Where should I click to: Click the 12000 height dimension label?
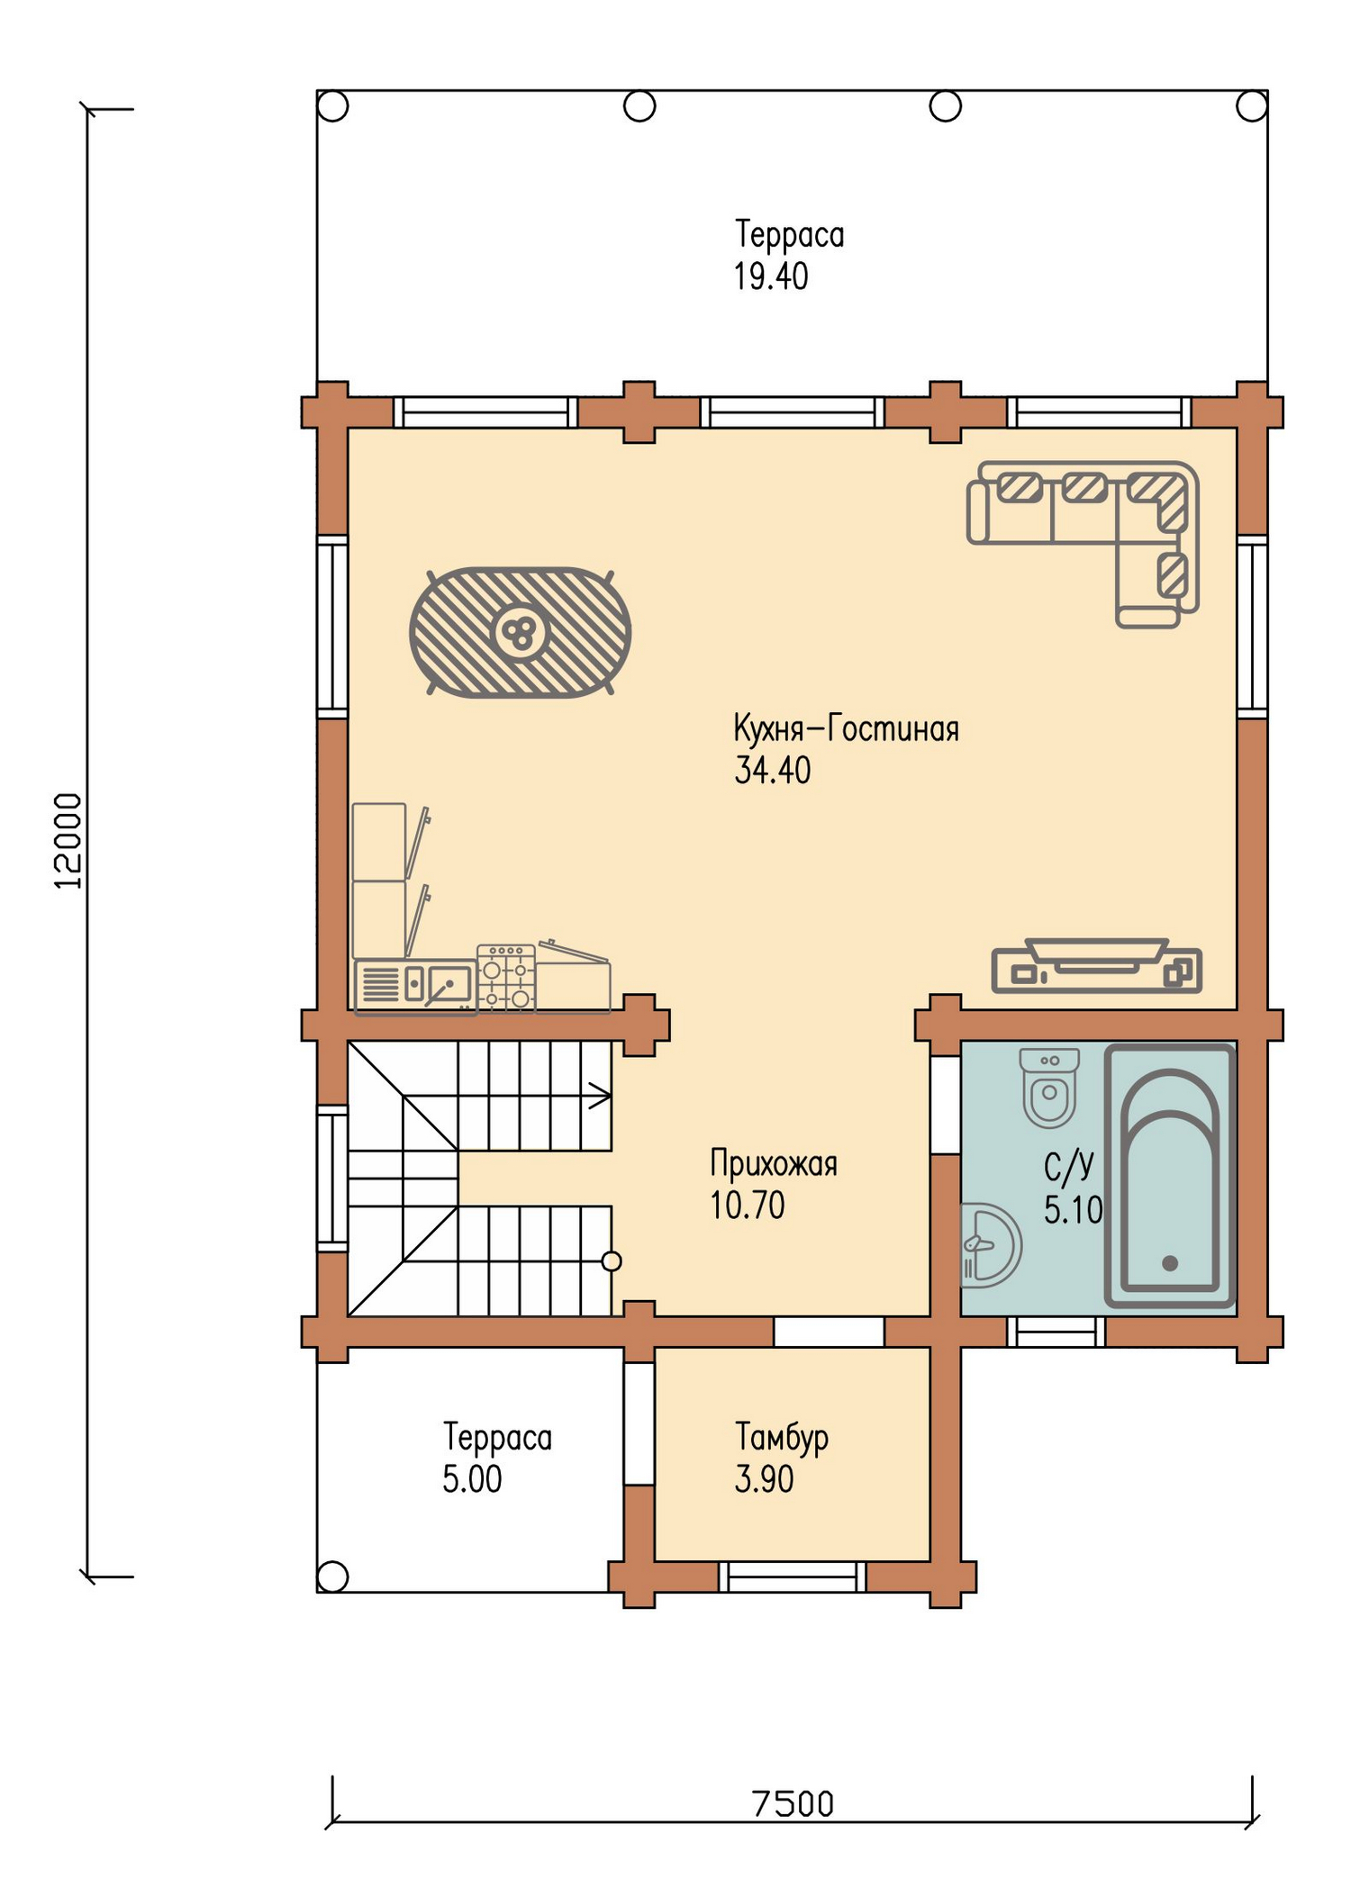[68, 841]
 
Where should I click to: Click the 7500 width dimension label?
[793, 1804]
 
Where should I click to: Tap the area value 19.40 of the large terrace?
[771, 276]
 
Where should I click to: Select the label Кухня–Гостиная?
[846, 727]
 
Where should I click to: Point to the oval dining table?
[521, 632]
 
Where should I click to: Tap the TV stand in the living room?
[1096, 966]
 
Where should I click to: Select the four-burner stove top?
[506, 977]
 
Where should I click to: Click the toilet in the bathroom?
[1049, 1088]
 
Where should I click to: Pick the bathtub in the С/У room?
[1170, 1176]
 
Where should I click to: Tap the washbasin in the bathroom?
[991, 1245]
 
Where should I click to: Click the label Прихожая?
[774, 1163]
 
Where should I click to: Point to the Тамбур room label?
[782, 1437]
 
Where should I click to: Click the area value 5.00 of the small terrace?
[472, 1479]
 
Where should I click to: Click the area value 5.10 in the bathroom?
[1073, 1209]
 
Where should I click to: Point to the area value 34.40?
[773, 771]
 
